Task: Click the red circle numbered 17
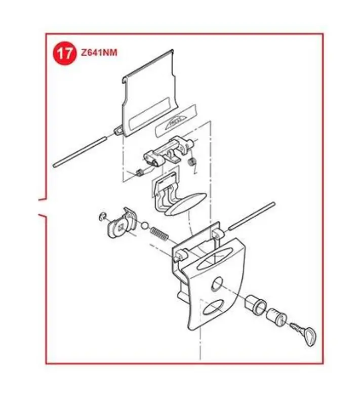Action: (x=65, y=53)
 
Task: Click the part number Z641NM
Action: (x=99, y=53)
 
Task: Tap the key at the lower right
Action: (x=304, y=333)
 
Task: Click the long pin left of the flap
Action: (x=79, y=152)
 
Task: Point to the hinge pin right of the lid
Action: (x=251, y=216)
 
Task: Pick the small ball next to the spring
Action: (x=145, y=225)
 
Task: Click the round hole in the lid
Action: (x=217, y=284)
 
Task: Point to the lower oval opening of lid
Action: (x=213, y=307)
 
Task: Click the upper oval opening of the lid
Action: (x=214, y=259)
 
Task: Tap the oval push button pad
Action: (x=186, y=204)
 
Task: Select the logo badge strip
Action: (x=176, y=120)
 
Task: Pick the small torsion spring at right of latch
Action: (x=192, y=163)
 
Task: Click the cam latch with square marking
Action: (x=121, y=223)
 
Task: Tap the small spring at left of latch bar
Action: (x=140, y=172)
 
